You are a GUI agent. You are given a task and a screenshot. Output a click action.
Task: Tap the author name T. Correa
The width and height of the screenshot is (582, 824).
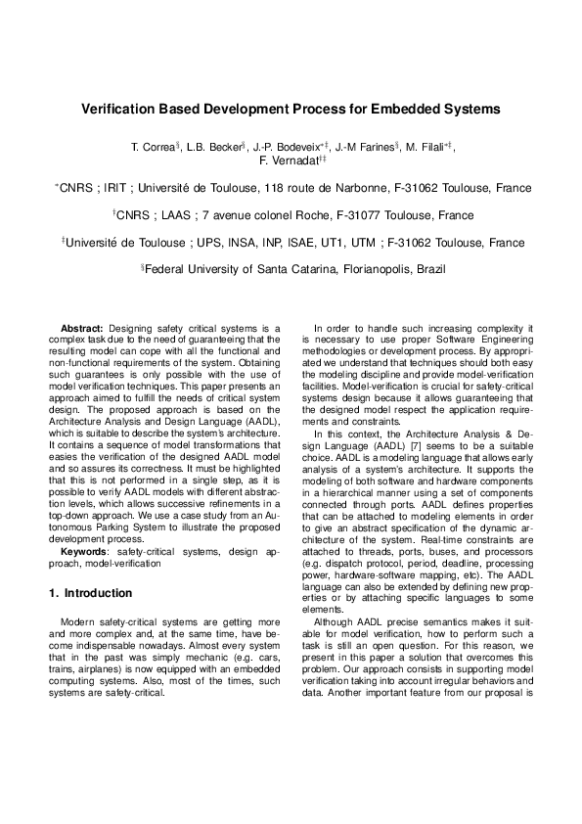[x=152, y=148]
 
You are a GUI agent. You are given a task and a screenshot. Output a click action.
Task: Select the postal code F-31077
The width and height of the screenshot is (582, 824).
[x=365, y=215]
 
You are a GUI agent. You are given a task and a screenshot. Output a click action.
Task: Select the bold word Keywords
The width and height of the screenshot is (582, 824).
[x=83, y=553]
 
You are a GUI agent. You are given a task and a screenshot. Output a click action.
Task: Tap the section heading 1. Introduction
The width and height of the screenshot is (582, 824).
[x=90, y=593]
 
